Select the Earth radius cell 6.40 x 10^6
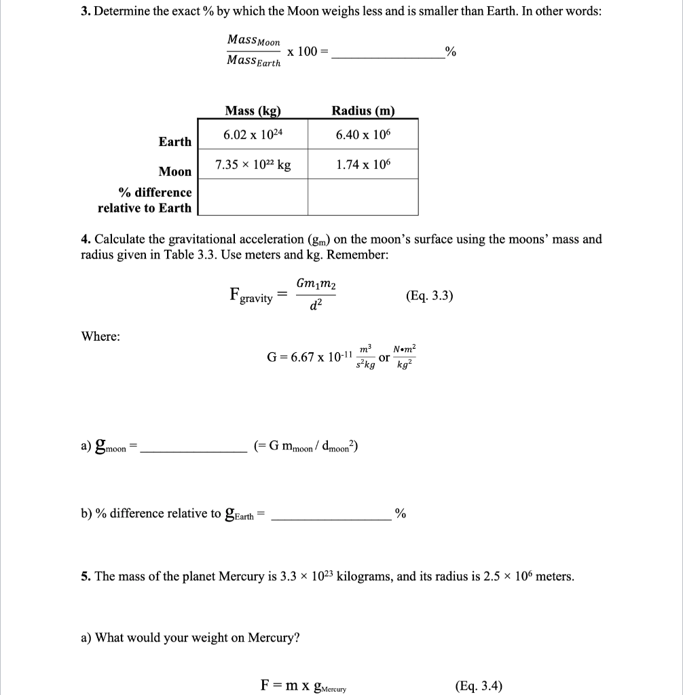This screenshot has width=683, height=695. pyautogui.click(x=363, y=134)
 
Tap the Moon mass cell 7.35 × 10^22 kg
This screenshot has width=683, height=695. pyautogui.click(x=253, y=165)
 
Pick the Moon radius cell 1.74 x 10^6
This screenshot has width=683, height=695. pyautogui.click(x=363, y=165)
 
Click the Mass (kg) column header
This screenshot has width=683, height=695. pyautogui.click(x=253, y=111)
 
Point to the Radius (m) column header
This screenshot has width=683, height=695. pyautogui.click(x=363, y=111)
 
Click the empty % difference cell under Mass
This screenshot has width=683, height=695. pyautogui.click(x=253, y=198)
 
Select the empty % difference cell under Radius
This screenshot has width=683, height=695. pyautogui.click(x=363, y=198)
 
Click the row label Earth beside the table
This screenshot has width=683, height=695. pyautogui.click(x=175, y=141)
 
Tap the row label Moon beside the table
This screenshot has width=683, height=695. pyautogui.click(x=175, y=172)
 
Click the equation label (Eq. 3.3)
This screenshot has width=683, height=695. pyautogui.click(x=429, y=296)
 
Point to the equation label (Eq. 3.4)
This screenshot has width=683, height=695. pyautogui.click(x=479, y=685)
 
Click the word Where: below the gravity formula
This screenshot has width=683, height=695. pyautogui.click(x=100, y=337)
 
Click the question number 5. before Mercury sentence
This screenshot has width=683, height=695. pyautogui.click(x=86, y=576)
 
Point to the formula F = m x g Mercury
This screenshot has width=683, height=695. pyautogui.click(x=303, y=685)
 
